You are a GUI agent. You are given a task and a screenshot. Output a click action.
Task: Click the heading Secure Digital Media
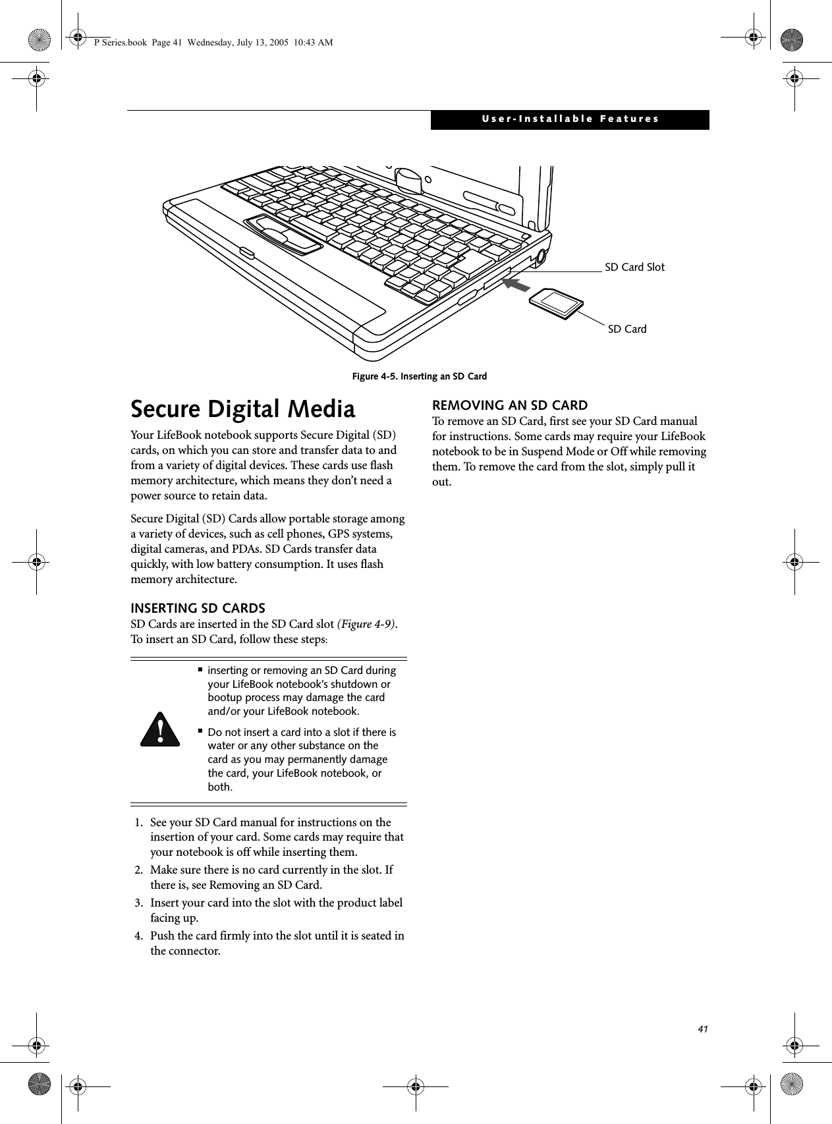pos(243,409)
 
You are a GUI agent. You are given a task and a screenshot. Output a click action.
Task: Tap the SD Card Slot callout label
pos(634,267)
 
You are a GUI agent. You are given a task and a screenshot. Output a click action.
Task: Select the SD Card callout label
pos(626,329)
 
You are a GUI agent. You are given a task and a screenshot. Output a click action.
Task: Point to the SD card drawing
pos(557,304)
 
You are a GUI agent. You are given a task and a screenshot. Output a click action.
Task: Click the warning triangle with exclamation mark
pos(160,729)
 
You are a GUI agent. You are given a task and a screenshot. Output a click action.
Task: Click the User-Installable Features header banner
pos(570,119)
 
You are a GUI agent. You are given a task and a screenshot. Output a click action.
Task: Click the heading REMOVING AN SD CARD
pos(509,405)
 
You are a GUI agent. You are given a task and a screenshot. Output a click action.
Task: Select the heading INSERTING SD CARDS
pos(198,607)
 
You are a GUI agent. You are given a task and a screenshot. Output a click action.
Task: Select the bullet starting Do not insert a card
pos(302,760)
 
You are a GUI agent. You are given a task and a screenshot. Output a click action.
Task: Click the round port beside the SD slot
pos(541,258)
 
